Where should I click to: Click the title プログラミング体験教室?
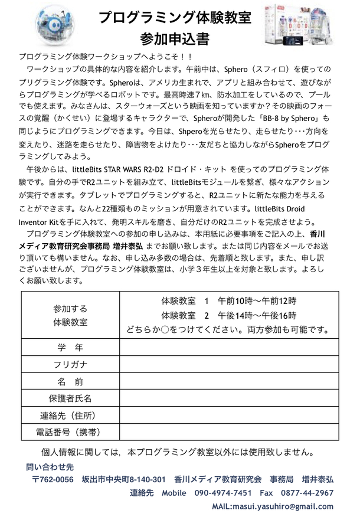175,16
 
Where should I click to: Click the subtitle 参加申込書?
175,39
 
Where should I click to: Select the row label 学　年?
70,346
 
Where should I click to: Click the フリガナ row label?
70,364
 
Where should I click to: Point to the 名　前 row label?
70,381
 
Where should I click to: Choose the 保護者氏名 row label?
70,398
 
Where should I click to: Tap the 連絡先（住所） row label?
70,416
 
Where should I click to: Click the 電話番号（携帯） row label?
70,433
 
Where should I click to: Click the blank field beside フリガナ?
228,364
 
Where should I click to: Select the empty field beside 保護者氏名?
228,398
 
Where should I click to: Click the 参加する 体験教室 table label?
70,315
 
